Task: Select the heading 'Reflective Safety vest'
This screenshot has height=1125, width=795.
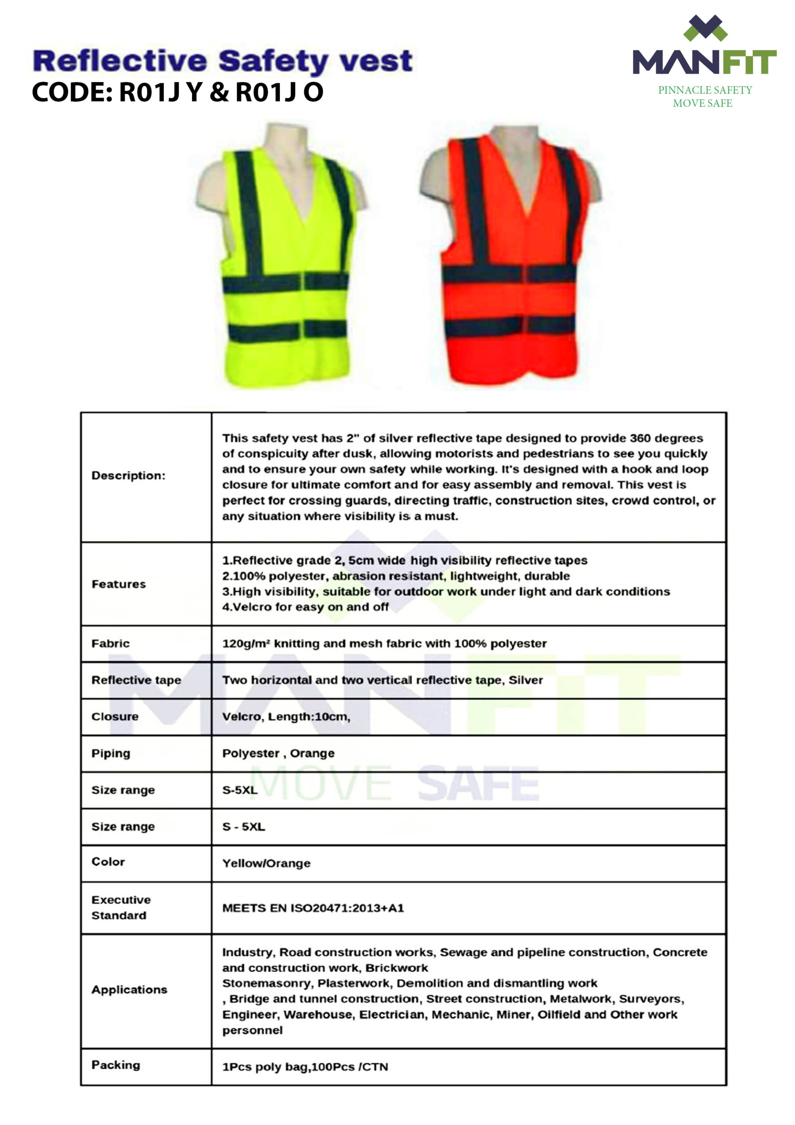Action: point(223,61)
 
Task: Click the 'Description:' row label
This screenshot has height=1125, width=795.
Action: point(128,475)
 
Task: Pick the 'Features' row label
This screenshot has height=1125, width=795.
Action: point(119,584)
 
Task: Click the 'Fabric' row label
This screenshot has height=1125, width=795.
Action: point(111,643)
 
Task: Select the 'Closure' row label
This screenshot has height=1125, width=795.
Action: point(115,716)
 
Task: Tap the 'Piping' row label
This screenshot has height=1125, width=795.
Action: point(111,753)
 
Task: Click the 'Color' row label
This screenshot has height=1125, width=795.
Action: point(108,861)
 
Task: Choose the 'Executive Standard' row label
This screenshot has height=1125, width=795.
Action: point(121,907)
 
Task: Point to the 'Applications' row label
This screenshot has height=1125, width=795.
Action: point(129,990)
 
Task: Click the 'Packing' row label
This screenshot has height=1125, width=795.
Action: point(116,1065)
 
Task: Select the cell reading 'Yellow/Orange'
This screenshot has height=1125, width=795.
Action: point(267,864)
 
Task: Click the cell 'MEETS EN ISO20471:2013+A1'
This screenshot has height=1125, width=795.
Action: point(313,908)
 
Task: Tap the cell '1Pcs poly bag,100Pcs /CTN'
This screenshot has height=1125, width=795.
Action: point(305,1067)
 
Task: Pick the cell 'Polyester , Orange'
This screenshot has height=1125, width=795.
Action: point(278,753)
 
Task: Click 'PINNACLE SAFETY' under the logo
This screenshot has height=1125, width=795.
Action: point(705,90)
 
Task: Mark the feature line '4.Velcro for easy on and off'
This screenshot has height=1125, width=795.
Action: point(305,607)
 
